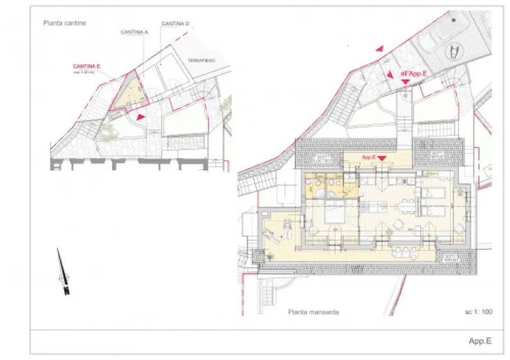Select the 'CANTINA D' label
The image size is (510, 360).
pos(176,24)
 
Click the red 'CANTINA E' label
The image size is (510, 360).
pos(88,66)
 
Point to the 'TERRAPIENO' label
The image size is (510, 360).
pos(201,60)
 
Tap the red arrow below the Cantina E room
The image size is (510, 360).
pos(140,118)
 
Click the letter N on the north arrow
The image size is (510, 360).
pos(66,291)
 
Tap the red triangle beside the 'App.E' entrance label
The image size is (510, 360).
pos(382,158)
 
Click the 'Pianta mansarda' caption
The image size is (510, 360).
pos(313,312)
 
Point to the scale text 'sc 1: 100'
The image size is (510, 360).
pos(478,312)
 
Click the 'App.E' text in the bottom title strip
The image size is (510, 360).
pos(480,341)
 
